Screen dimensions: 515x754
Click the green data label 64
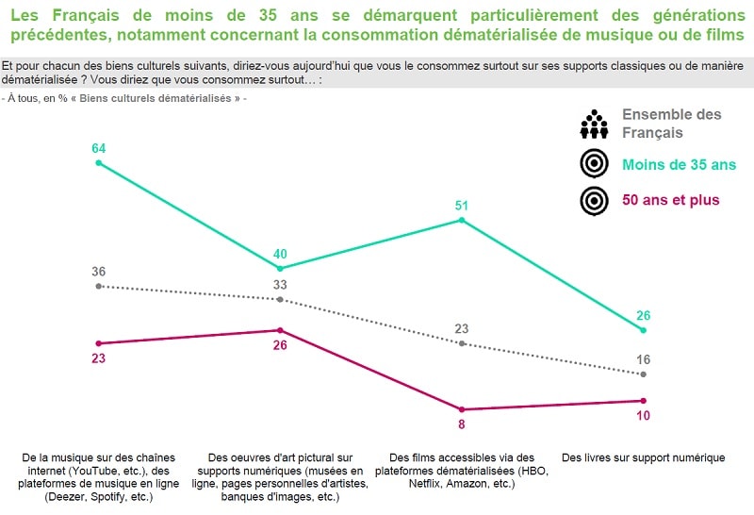(x=98, y=148)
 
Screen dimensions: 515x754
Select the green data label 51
(x=461, y=205)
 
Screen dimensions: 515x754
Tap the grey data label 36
(x=98, y=272)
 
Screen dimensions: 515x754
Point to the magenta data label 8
(x=462, y=424)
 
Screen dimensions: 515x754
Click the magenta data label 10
(x=644, y=416)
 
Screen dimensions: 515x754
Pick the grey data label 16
(x=644, y=359)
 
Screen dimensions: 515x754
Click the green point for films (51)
(x=462, y=220)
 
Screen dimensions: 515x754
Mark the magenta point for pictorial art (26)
(x=280, y=330)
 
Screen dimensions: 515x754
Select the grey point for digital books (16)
(x=644, y=374)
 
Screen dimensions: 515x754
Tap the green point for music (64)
(x=98, y=163)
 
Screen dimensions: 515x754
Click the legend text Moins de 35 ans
(x=679, y=164)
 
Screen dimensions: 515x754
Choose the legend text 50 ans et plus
(x=670, y=200)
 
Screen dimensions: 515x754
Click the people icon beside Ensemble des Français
(x=593, y=125)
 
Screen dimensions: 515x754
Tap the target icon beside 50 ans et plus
(x=593, y=200)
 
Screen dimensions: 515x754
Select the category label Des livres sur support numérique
(x=643, y=458)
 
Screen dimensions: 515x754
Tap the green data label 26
(x=644, y=315)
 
